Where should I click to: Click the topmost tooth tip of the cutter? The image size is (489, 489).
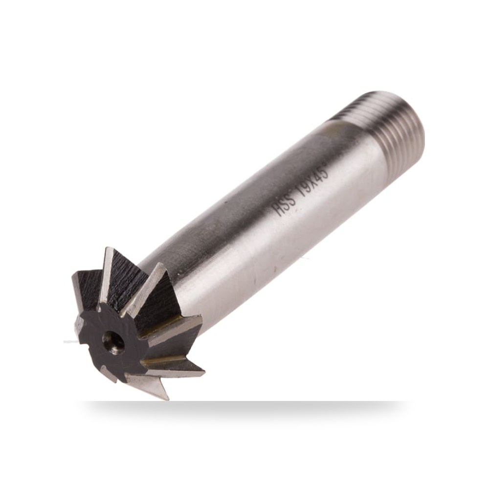(108, 248)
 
